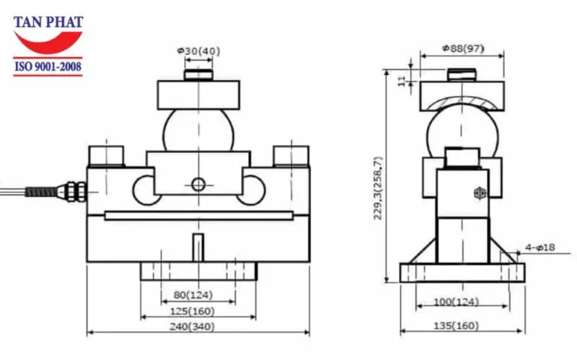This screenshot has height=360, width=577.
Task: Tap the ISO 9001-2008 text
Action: [48, 68]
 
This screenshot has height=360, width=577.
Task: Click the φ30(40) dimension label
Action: [198, 51]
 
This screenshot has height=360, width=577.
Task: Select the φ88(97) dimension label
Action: [463, 49]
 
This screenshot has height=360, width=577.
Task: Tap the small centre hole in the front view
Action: [198, 184]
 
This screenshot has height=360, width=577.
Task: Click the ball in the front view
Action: [198, 130]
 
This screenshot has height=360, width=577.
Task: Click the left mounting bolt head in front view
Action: [107, 155]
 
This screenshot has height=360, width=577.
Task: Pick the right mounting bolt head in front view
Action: [291, 155]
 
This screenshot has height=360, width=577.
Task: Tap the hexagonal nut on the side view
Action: [480, 193]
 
